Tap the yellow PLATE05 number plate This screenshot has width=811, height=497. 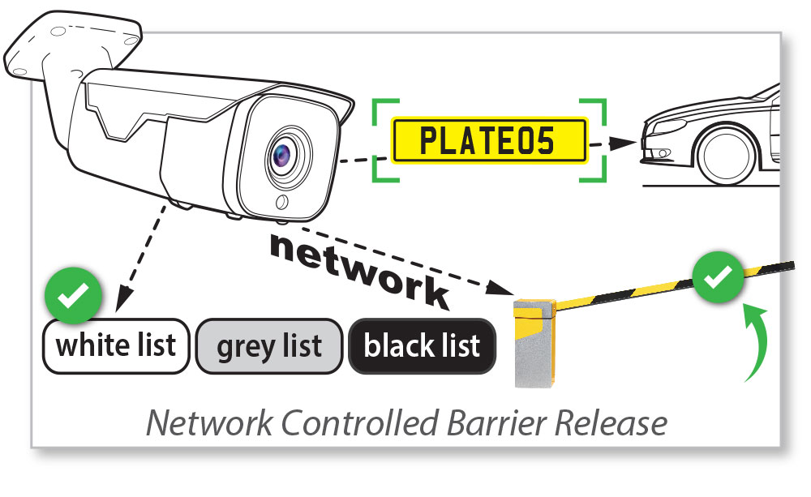[x=489, y=140]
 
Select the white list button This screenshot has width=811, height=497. [x=115, y=346]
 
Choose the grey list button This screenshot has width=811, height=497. [x=268, y=346]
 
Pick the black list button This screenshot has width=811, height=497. [x=422, y=346]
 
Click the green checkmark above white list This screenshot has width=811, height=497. [x=73, y=298]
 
